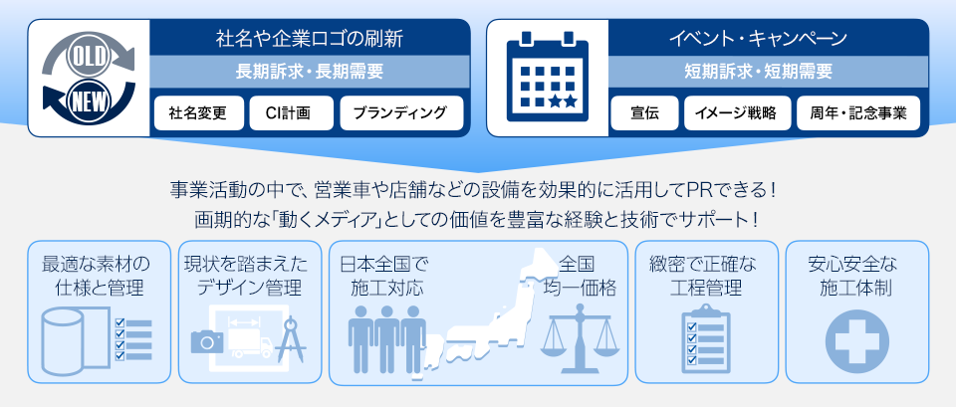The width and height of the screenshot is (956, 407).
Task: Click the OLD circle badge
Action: click(89, 57)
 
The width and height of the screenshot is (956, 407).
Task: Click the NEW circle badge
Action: click(89, 99)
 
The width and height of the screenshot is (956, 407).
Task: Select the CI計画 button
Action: click(292, 113)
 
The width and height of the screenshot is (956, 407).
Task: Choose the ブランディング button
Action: click(401, 113)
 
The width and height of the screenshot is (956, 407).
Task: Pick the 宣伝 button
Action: click(644, 113)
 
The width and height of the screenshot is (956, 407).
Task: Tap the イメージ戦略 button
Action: click(738, 113)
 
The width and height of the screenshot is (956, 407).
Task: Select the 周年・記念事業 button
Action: click(858, 113)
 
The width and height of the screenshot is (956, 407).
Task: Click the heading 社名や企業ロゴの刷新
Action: click(309, 39)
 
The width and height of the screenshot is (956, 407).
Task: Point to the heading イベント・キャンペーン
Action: click(758, 39)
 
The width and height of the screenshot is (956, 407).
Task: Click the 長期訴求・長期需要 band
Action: click(309, 72)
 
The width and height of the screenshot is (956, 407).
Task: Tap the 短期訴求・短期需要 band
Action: click(758, 72)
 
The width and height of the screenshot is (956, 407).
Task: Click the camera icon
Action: click(207, 340)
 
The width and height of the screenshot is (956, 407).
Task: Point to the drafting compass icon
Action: click(290, 339)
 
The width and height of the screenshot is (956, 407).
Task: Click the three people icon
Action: click(387, 338)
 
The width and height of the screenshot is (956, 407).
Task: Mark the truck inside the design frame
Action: click(251, 345)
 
